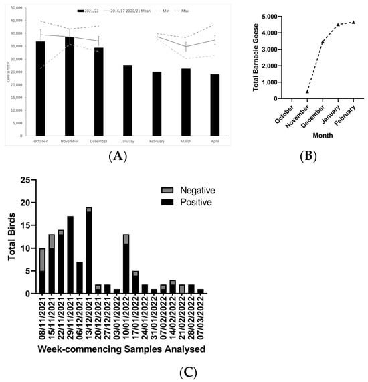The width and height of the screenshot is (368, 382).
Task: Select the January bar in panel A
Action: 127,100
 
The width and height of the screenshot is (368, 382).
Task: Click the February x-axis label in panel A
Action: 157,141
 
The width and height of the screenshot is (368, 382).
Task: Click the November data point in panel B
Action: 307,92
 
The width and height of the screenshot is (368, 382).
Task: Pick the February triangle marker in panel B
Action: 353,22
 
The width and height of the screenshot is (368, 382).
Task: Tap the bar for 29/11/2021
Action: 70,255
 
